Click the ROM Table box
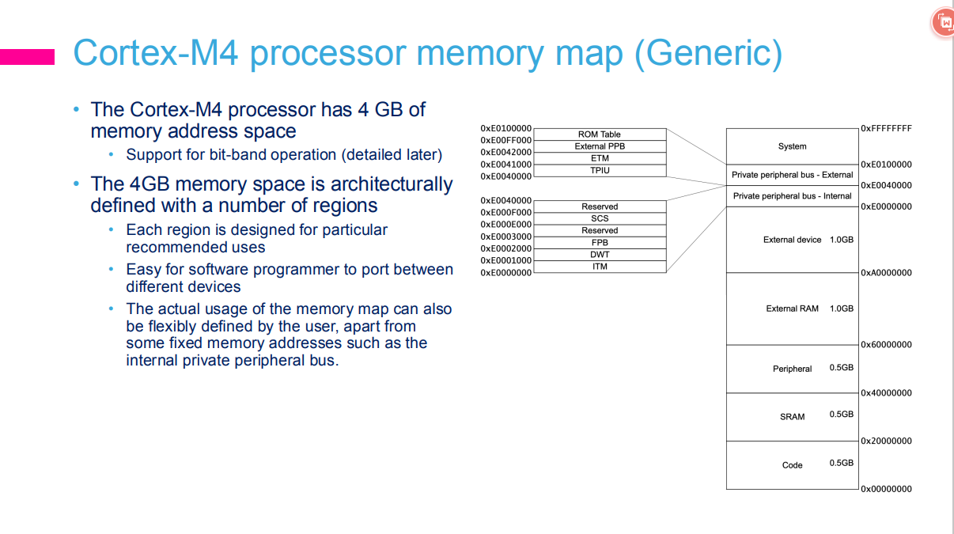tap(600, 134)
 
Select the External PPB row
tap(600, 146)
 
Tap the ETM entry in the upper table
tap(600, 158)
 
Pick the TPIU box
tap(600, 170)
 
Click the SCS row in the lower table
tap(600, 218)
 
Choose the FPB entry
tap(600, 243)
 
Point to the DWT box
tap(600, 255)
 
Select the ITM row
tap(600, 267)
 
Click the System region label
tap(792, 146)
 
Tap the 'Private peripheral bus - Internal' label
tap(792, 196)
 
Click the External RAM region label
tap(792, 309)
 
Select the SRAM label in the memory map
tap(792, 417)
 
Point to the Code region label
tap(792, 465)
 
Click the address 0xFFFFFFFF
tap(886, 128)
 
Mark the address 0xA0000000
tap(886, 273)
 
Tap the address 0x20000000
tap(886, 441)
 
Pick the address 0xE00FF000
tap(506, 140)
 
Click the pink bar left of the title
tap(27, 56)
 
